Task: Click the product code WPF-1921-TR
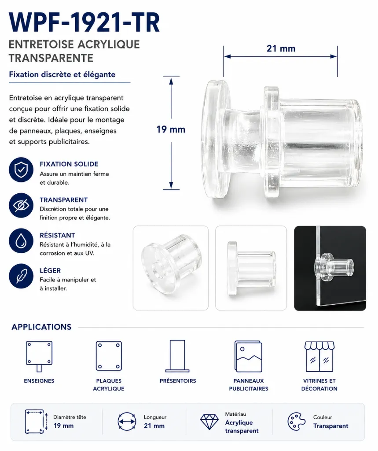[x=84, y=23]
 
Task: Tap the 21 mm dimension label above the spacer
[x=281, y=48]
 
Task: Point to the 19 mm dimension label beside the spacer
[x=171, y=129]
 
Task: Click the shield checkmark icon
[x=21, y=170]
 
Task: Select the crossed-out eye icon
[x=21, y=205]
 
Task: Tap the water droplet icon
[x=21, y=241]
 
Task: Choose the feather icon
[x=21, y=276]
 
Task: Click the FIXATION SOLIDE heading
[x=69, y=164]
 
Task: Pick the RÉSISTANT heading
[x=57, y=235]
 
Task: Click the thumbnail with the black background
[x=330, y=268]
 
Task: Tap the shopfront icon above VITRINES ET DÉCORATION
[x=319, y=356]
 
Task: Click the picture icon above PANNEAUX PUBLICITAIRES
[x=248, y=356]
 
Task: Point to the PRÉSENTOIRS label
[x=178, y=381]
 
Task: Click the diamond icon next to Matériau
[x=209, y=422]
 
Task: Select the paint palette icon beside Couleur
[x=297, y=422]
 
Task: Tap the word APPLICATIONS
[x=41, y=327]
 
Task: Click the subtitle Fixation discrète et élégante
[x=62, y=74]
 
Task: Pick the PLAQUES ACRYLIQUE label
[x=109, y=384]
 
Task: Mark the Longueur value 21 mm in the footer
[x=154, y=426]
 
